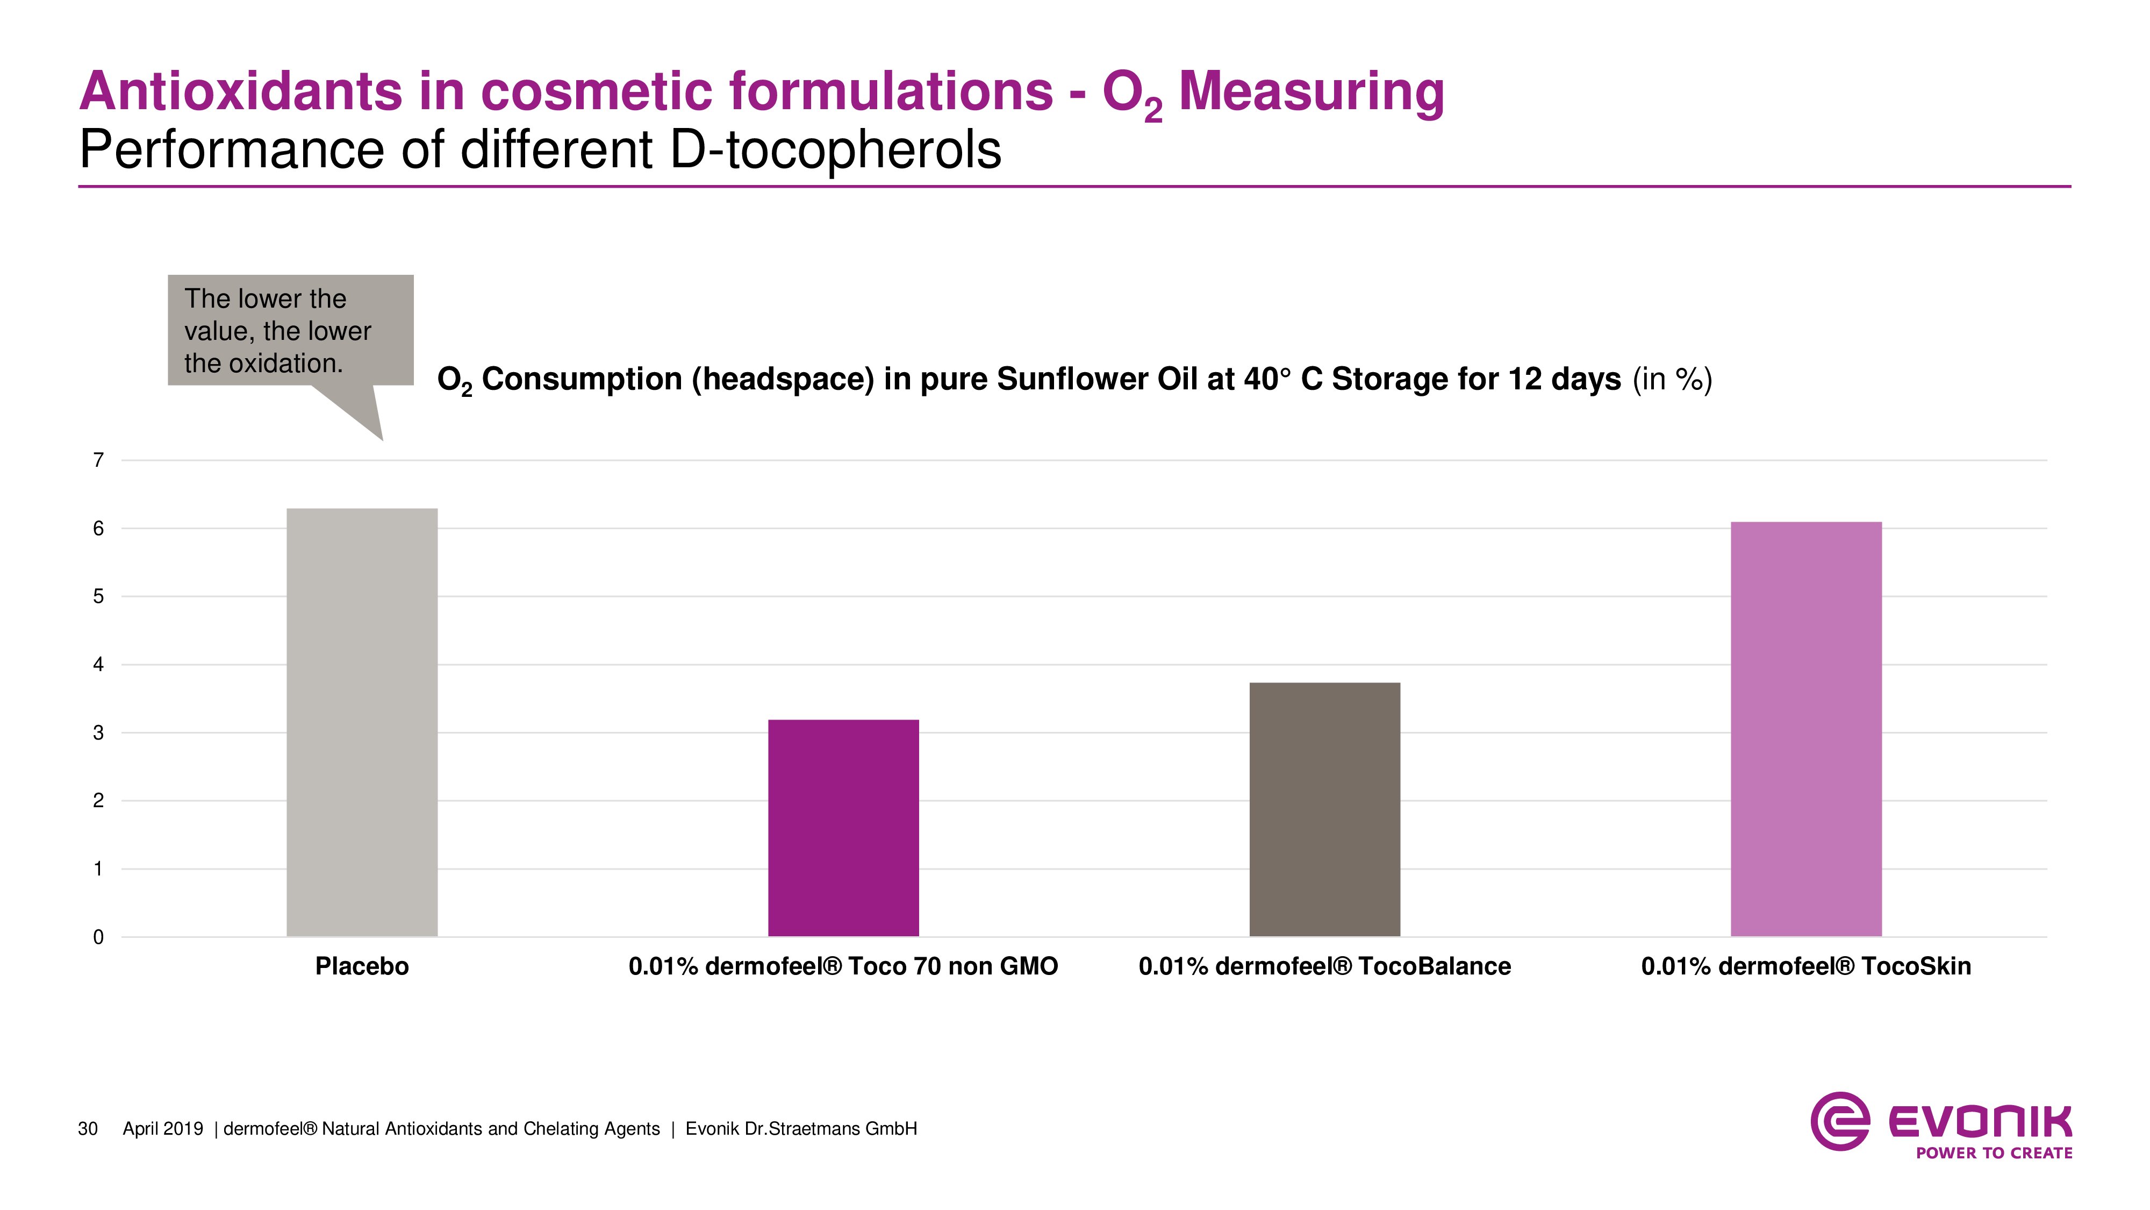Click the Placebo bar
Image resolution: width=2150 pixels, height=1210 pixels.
click(x=361, y=722)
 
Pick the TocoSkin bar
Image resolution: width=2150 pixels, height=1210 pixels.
click(x=1806, y=729)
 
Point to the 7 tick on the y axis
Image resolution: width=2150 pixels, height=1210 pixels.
click(x=98, y=460)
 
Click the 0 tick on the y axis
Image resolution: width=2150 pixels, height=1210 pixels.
click(x=98, y=937)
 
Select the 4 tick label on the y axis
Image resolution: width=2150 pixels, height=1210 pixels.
click(x=98, y=665)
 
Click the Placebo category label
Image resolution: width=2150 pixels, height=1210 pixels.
click(x=361, y=966)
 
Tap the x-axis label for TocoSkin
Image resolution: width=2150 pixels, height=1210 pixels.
click(x=1806, y=966)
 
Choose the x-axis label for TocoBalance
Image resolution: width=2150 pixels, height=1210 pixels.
click(x=1324, y=966)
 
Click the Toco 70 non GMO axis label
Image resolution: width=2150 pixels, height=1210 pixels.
click(x=843, y=966)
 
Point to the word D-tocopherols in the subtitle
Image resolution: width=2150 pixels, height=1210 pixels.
click(x=835, y=151)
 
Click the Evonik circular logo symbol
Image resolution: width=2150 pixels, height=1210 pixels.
click(x=1839, y=1121)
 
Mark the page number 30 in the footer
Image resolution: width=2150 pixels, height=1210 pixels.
click(x=88, y=1129)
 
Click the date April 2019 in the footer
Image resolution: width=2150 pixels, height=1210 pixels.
click(x=163, y=1129)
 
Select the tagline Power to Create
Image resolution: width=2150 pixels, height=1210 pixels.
click(x=1993, y=1153)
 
